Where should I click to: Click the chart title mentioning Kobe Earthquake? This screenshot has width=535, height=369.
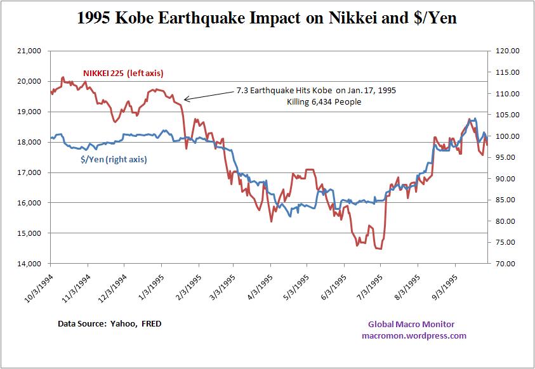coord(267,19)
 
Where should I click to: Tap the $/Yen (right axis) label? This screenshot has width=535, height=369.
coord(114,160)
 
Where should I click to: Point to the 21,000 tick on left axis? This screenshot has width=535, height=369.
coord(28,51)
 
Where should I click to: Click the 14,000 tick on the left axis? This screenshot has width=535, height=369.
coord(28,264)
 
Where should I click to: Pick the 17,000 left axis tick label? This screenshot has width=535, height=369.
coord(28,172)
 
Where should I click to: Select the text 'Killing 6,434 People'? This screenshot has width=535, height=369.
coord(324,101)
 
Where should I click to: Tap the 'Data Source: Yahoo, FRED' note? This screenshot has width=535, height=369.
coord(109,324)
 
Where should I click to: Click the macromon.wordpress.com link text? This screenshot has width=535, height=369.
coord(413,336)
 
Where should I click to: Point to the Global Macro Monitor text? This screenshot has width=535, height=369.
coord(411,325)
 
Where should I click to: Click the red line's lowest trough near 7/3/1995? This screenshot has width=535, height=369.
coord(379,249)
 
